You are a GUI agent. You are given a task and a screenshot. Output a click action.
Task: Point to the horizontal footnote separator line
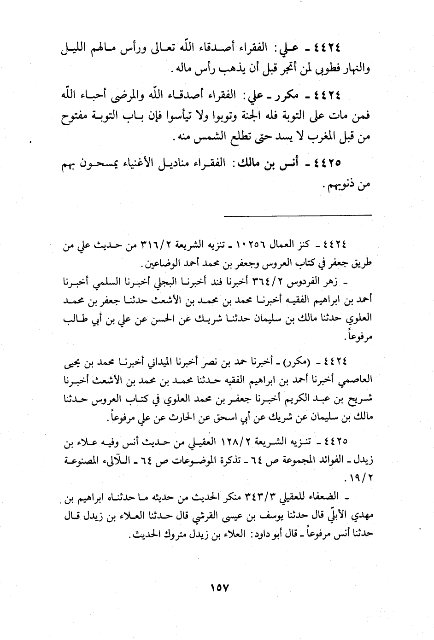click(298, 214)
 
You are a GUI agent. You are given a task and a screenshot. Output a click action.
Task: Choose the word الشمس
click(203, 138)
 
